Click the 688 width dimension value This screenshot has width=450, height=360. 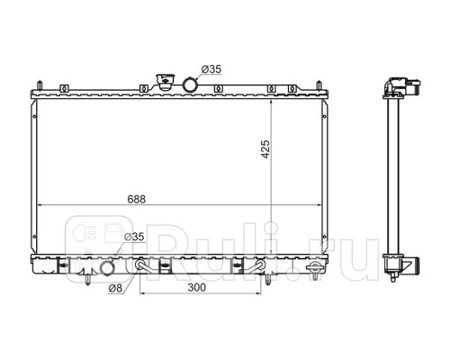pos(137,199)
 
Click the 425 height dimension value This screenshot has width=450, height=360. pos(265,149)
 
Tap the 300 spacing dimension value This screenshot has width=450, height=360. pos(197,287)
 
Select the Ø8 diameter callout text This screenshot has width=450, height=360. pos(116,288)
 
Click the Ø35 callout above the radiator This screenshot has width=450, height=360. pos(211,69)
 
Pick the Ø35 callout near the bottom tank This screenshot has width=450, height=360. pos(134,237)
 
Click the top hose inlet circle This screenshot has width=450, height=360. pos(190,85)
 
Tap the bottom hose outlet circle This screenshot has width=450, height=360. pos(107,268)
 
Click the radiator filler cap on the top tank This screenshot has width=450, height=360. pos(165,82)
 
